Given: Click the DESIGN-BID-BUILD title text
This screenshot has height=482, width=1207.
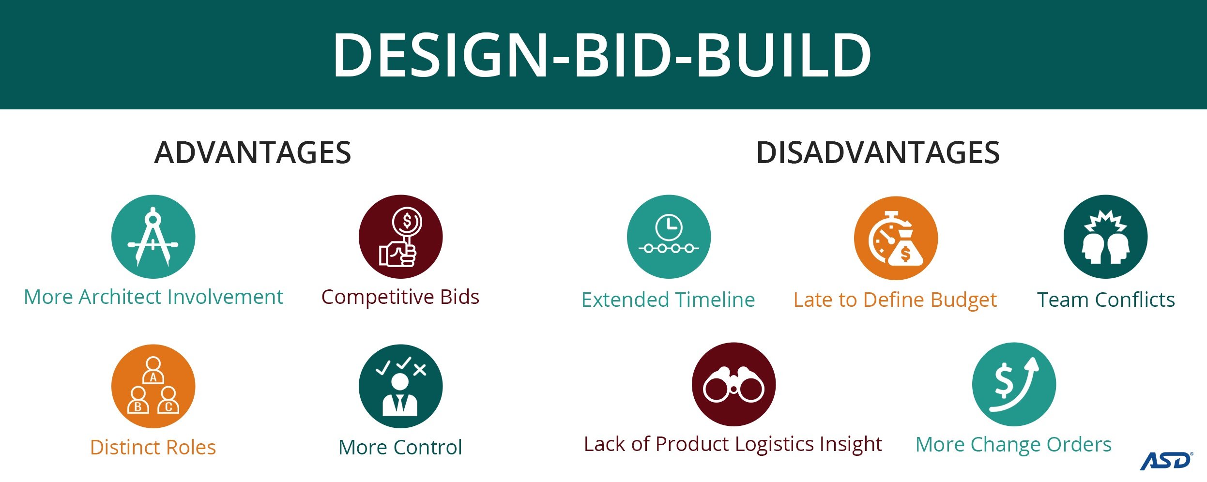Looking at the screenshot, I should [x=602, y=54].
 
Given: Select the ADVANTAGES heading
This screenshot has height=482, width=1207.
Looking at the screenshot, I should [x=252, y=152].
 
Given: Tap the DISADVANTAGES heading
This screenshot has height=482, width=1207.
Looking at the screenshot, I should [x=878, y=152].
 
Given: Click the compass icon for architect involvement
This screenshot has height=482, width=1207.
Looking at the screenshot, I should [x=153, y=237].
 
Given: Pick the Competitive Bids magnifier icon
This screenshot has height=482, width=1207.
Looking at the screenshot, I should [x=400, y=237].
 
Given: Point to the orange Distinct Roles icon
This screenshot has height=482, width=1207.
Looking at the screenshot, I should [x=153, y=386].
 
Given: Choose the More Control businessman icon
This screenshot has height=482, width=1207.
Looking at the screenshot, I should [x=400, y=386].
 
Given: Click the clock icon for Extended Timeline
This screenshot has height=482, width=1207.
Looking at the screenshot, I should [x=669, y=237].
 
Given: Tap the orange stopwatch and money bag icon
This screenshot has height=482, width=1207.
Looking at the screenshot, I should [x=896, y=238].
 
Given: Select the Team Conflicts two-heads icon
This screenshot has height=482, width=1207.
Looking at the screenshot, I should [x=1105, y=237].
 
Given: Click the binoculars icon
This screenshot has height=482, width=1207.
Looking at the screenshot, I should [x=733, y=384].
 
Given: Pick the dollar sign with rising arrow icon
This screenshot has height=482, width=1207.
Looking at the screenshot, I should [x=1014, y=384].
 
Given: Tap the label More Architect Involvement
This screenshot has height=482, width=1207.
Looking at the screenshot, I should [x=153, y=297].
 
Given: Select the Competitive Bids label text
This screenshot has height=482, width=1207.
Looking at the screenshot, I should [x=400, y=297].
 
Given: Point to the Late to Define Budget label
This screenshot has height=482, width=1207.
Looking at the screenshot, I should [x=895, y=300].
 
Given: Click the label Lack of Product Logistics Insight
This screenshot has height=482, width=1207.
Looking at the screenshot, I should [x=733, y=444].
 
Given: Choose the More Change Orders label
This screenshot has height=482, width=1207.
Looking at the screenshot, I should [x=1013, y=444].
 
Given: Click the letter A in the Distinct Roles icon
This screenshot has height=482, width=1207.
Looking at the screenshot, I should [x=153, y=377].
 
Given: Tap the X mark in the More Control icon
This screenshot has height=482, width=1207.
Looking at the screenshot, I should [x=420, y=370].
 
